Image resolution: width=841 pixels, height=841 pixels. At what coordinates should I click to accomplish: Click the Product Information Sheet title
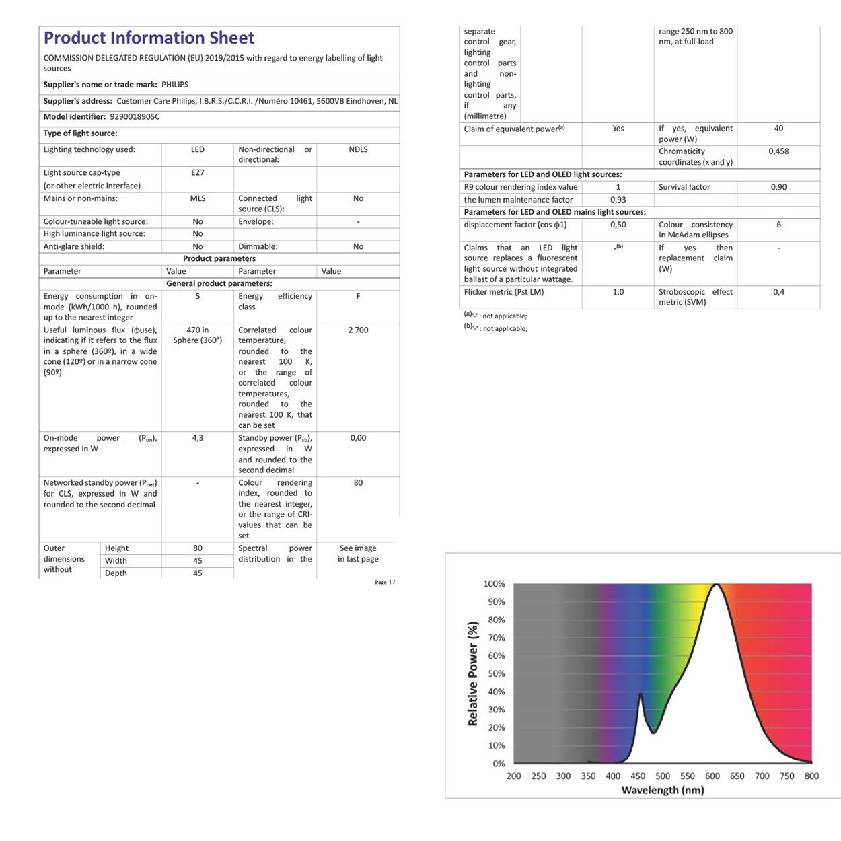[149, 38]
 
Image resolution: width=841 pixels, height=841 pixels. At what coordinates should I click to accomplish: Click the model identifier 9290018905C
[135, 116]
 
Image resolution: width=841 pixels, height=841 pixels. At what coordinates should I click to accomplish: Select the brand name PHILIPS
[175, 85]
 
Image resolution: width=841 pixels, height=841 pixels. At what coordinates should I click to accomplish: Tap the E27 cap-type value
[197, 172]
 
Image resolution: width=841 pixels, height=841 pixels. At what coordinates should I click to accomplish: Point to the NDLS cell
[358, 149]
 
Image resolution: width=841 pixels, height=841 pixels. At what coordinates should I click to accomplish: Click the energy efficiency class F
[358, 296]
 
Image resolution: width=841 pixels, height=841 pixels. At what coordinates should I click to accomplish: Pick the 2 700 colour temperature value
[358, 330]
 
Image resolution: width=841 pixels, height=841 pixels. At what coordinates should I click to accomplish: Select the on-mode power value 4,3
[197, 438]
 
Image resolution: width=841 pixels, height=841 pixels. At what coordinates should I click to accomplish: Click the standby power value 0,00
[358, 438]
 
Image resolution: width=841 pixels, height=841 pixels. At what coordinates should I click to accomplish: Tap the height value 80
[197, 548]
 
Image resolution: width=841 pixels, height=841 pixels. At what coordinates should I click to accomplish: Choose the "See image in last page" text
[358, 554]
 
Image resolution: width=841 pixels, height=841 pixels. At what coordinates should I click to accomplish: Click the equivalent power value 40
[778, 129]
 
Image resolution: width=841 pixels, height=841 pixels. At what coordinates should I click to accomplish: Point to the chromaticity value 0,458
[778, 151]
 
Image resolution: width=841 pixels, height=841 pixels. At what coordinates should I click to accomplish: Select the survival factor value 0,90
[778, 187]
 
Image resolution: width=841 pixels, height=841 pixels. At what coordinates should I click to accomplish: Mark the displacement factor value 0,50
[618, 225]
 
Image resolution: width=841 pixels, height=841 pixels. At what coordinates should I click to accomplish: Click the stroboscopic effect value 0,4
[778, 292]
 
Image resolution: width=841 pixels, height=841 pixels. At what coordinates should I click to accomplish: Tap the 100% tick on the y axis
[494, 584]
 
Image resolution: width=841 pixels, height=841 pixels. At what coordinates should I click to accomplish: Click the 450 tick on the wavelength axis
[638, 776]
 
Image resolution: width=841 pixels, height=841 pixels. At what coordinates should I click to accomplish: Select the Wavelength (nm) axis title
[662, 790]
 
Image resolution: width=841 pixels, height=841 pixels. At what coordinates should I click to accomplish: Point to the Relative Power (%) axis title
[472, 673]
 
